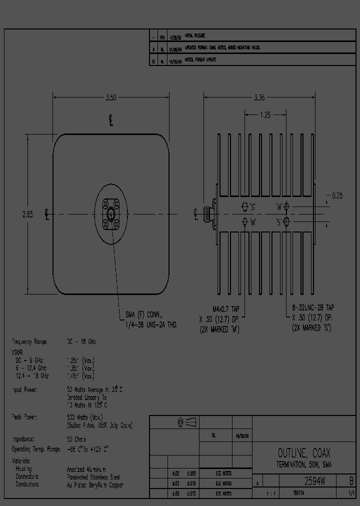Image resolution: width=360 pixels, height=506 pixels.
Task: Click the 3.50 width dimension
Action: click(110, 98)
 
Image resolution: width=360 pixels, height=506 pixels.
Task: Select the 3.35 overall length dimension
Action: click(259, 98)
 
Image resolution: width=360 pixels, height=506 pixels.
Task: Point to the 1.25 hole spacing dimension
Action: click(265, 115)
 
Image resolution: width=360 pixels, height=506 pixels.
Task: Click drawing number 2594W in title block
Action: click(315, 482)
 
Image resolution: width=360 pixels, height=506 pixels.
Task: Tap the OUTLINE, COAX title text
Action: click(303, 453)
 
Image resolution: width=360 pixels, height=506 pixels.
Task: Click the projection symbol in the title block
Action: click(186, 423)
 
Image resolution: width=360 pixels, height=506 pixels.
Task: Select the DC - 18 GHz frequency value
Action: click(81, 341)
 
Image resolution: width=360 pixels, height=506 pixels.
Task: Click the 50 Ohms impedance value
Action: click(76, 439)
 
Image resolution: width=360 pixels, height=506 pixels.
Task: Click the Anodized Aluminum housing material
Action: click(87, 469)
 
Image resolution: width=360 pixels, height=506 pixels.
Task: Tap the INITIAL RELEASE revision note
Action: click(194, 36)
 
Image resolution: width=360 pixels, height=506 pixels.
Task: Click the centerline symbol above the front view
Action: click(110, 120)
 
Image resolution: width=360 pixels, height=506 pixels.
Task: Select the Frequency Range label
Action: click(29, 341)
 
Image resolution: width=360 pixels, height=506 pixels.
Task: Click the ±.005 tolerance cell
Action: click(191, 473)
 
